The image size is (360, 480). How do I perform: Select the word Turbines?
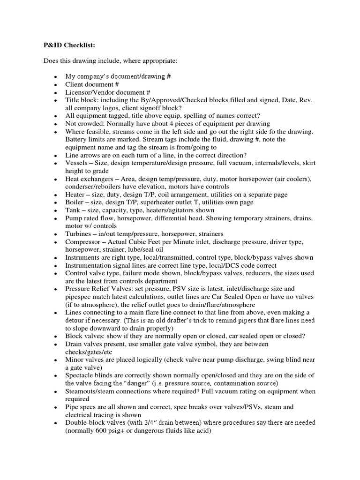click(79, 233)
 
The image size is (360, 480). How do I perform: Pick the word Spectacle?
click(80, 375)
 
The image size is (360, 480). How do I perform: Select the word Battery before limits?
click(76, 139)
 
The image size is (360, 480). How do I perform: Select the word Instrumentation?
click(90, 265)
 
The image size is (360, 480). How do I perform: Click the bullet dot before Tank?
click(56, 210)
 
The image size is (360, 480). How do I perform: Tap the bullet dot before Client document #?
click(56, 85)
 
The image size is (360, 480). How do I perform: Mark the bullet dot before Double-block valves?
click(56, 423)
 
